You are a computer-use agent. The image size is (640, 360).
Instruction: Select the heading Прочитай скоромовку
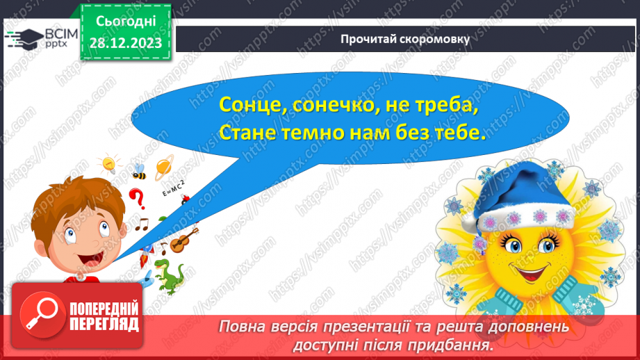point(405,39)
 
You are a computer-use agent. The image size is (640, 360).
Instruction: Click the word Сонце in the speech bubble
point(247,106)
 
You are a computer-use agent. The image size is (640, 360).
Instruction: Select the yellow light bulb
point(109,164)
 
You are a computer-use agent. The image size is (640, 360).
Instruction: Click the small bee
point(139,171)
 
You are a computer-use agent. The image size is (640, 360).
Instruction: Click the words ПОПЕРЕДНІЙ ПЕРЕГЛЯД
point(104,316)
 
